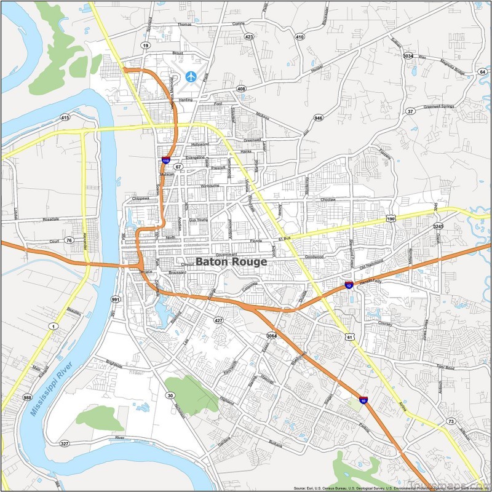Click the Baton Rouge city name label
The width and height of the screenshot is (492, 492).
click(231, 261)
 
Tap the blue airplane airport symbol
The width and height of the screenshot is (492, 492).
click(191, 77)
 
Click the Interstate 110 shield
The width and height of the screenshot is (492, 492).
click(166, 160)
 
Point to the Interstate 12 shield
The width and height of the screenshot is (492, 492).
click(349, 285)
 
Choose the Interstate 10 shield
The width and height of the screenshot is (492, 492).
click(363, 400)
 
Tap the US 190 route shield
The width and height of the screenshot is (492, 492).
click(391, 218)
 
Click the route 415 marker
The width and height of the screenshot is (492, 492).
click(65, 117)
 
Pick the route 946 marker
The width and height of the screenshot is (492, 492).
click(318, 117)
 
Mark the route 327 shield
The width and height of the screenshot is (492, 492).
click(65, 443)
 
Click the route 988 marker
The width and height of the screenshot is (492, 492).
click(28, 398)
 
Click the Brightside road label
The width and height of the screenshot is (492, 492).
click(114, 364)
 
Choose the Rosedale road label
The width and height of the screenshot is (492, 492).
click(50, 219)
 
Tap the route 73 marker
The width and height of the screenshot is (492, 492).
click(451, 421)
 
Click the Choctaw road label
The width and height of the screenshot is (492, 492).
click(327, 200)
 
